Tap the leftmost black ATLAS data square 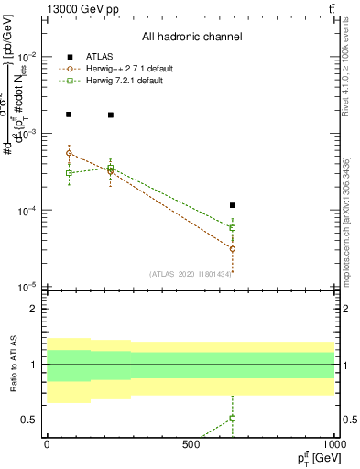click(69, 115)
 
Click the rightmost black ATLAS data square click(233, 205)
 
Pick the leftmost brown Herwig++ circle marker click(69, 153)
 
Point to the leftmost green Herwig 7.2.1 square click(69, 172)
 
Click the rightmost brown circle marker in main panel click(233, 248)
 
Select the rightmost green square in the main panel click(233, 227)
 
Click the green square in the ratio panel click(233, 418)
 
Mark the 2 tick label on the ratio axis click(36, 309)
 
